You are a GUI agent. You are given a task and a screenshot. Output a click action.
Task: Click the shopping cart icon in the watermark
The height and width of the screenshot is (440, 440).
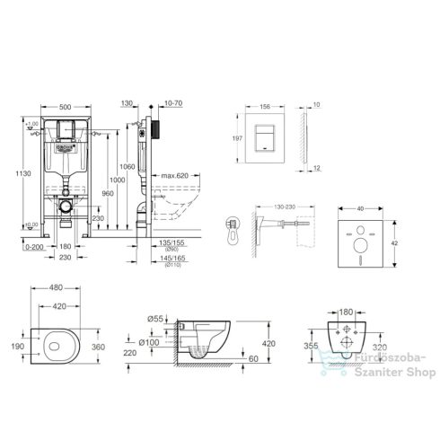click(x=323, y=369)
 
